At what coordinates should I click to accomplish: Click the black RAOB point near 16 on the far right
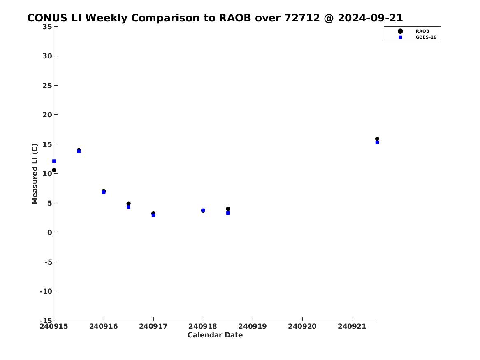(x=377, y=139)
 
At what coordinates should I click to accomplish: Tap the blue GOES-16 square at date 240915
(x=54, y=161)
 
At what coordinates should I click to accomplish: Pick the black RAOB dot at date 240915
(x=54, y=170)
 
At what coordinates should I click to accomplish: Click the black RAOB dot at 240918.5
(x=228, y=209)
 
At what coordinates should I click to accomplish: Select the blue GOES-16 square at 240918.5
(x=228, y=213)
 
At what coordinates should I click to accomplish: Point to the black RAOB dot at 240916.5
(x=129, y=204)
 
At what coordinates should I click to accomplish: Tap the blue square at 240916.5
(x=129, y=207)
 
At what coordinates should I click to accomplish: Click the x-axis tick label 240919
(x=253, y=326)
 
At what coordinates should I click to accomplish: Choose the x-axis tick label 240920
(x=302, y=326)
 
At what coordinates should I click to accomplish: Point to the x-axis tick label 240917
(x=153, y=326)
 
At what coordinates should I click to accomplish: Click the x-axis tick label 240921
(x=352, y=326)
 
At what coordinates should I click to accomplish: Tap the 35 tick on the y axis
(x=47, y=27)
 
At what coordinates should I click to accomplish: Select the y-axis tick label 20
(x=47, y=115)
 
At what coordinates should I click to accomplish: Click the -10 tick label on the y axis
(x=46, y=291)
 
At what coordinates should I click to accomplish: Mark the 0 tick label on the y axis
(x=50, y=232)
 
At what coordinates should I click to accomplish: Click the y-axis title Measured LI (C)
(x=35, y=174)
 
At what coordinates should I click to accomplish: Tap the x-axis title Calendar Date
(x=215, y=335)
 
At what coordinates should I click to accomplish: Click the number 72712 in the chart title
(x=302, y=18)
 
